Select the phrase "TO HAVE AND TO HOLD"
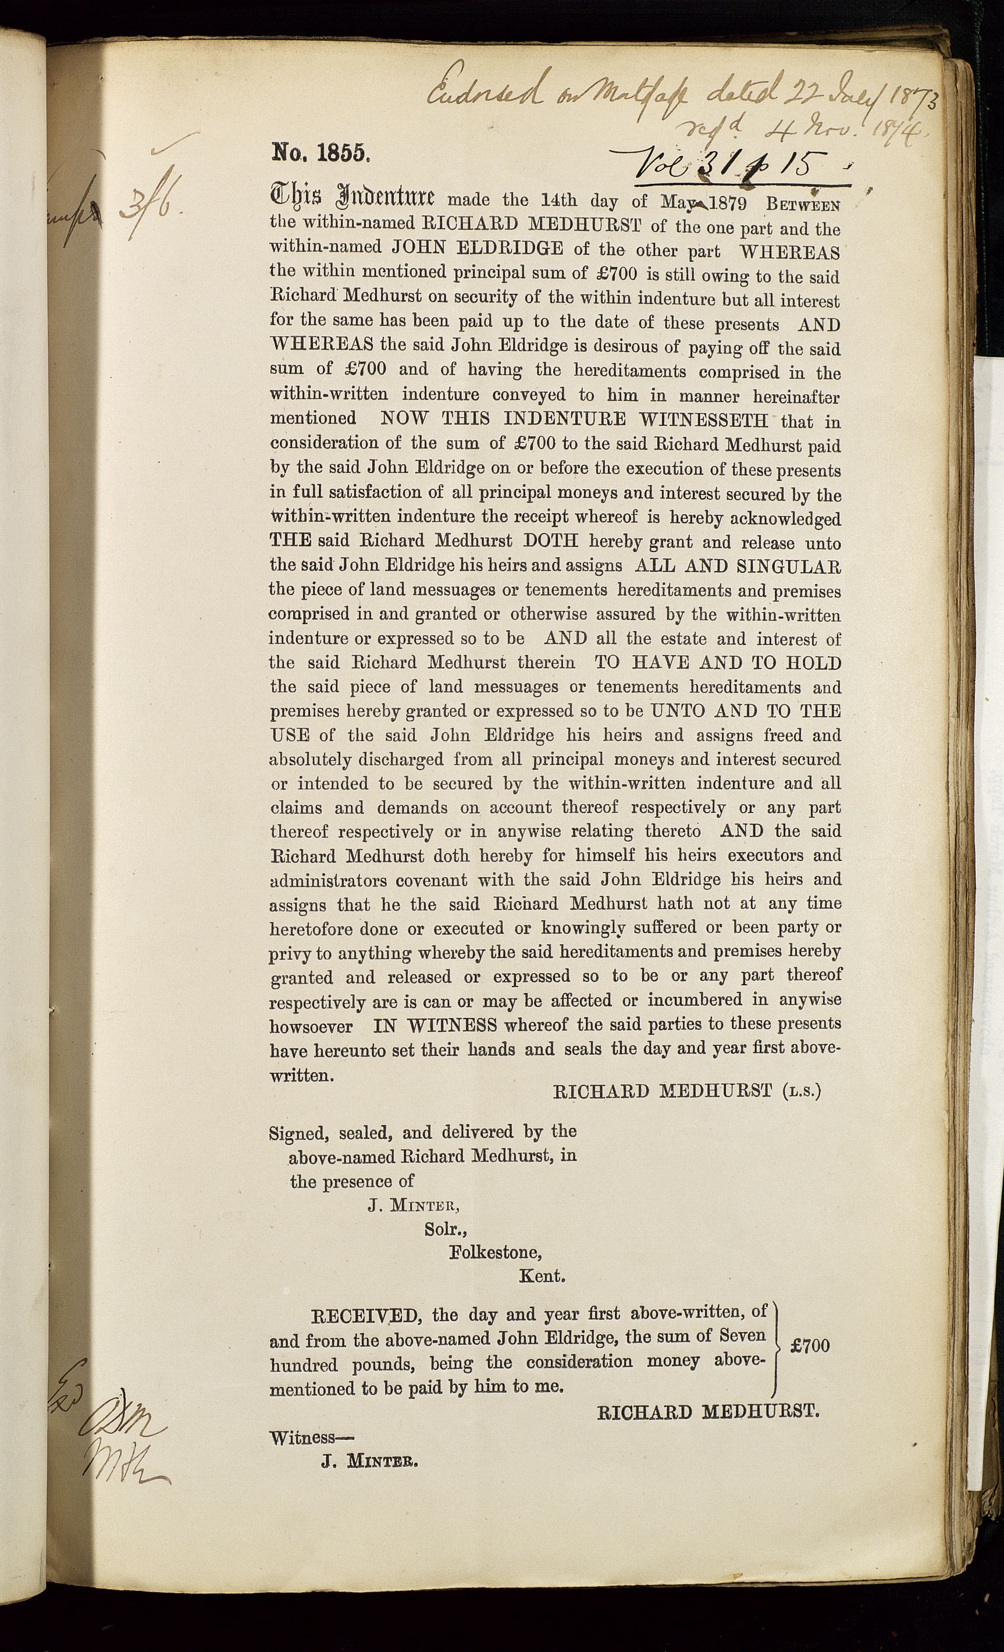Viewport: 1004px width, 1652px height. pos(718,663)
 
